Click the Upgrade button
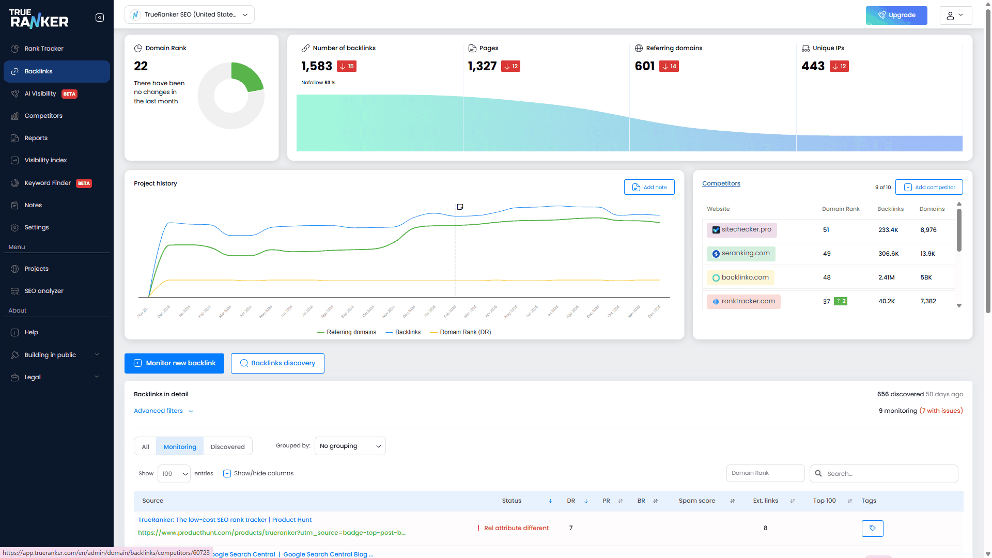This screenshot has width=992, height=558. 896,15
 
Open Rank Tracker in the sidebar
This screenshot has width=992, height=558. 44,49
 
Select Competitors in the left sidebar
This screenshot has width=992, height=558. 43,116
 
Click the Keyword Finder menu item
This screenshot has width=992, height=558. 48,183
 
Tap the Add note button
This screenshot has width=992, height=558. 649,187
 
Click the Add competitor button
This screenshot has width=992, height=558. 929,187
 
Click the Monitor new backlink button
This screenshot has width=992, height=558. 174,363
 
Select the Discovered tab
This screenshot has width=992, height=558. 227,446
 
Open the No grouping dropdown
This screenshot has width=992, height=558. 350,446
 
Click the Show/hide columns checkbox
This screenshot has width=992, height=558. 227,473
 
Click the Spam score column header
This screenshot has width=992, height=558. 696,501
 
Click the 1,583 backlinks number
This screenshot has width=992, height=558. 316,66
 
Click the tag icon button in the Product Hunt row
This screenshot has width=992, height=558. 872,528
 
